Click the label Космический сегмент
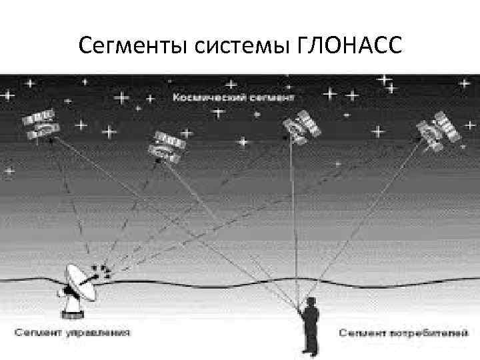pyautogui.click(x=233, y=97)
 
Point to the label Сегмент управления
pyautogui.click(x=71, y=331)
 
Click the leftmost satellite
pyautogui.click(x=41, y=125)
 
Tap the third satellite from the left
pyautogui.click(x=301, y=127)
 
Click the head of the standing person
pyautogui.click(x=309, y=301)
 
